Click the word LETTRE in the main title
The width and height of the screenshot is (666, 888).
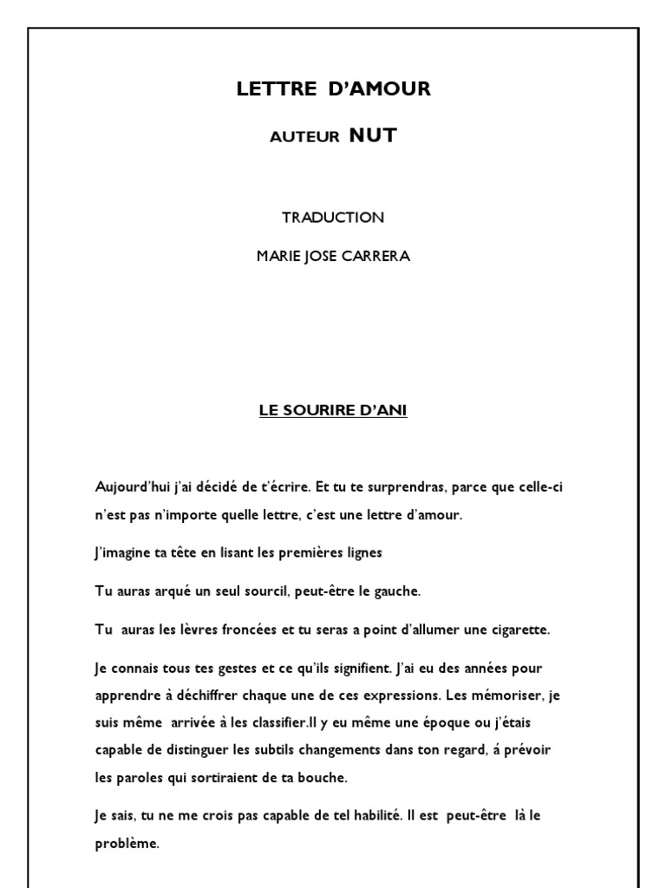click(x=266, y=88)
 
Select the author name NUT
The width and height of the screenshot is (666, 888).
click(x=373, y=135)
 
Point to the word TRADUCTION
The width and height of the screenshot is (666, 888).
click(x=333, y=218)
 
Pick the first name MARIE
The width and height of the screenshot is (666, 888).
click(x=278, y=257)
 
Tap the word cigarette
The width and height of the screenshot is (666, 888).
click(x=519, y=630)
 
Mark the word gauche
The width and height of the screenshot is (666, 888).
click(x=397, y=591)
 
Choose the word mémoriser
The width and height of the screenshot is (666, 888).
click(x=503, y=695)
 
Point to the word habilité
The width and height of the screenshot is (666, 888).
click(x=364, y=817)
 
